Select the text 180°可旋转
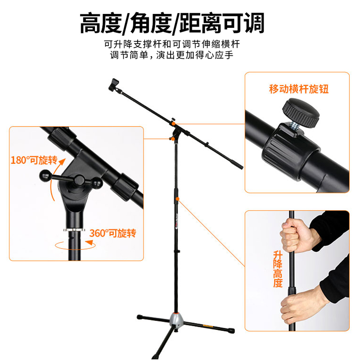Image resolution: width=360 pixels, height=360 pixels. (x=34, y=161)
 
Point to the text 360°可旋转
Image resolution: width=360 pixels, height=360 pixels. (x=112, y=233)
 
